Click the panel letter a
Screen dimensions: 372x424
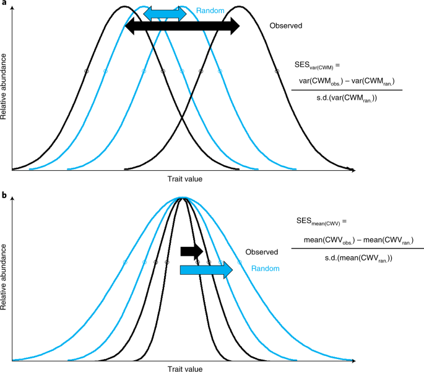(4, 4)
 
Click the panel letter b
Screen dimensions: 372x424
(4, 195)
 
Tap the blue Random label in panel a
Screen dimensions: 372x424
(209, 11)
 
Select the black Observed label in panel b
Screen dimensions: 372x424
(261, 252)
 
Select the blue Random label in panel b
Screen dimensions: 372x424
(266, 269)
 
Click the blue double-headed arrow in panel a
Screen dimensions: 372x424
(164, 14)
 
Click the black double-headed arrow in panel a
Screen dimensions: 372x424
(182, 26)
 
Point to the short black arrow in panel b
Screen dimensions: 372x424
(191, 251)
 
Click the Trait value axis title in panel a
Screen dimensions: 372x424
(184, 179)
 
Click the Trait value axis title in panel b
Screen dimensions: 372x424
(184, 368)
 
